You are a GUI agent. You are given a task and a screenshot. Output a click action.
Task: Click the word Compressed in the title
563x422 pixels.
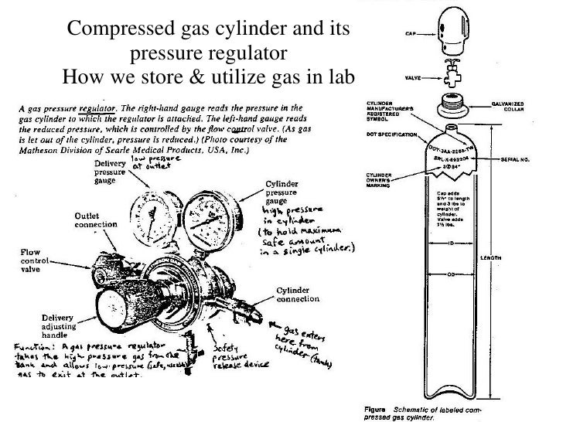[118, 30]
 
